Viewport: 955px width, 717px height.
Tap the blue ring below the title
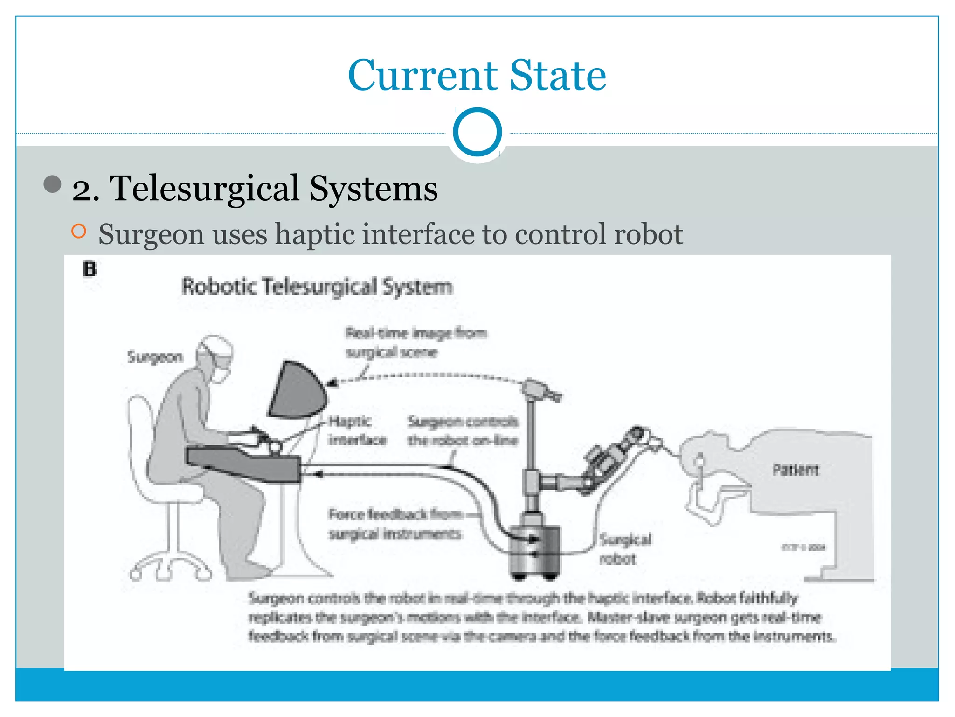(477, 132)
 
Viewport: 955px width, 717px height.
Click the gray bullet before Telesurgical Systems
(53, 184)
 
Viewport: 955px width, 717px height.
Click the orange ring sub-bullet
(79, 231)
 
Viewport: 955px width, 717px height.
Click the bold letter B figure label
(90, 269)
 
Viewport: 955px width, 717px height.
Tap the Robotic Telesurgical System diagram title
(317, 286)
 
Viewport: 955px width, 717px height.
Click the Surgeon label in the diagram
(155, 357)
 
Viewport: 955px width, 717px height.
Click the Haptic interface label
(357, 430)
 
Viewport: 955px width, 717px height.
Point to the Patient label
(795, 470)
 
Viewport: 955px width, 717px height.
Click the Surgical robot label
(625, 549)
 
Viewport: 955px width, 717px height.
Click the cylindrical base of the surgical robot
(534, 548)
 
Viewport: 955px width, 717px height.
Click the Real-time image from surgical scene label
(415, 342)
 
